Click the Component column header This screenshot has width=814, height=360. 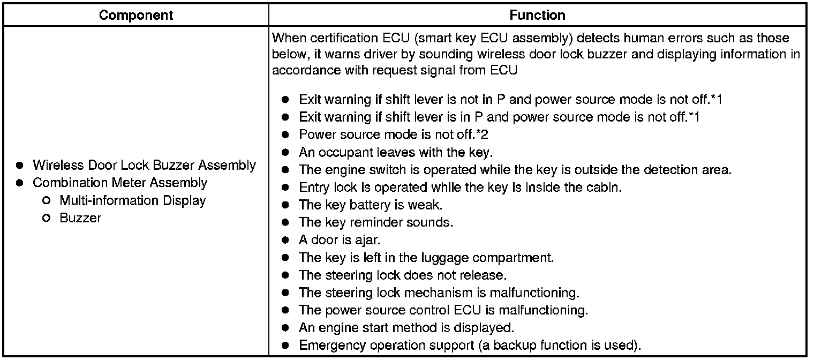(x=136, y=15)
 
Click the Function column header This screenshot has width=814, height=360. (x=537, y=15)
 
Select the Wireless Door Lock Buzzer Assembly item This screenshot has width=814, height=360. (x=144, y=165)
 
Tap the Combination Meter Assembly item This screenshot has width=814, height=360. (x=120, y=183)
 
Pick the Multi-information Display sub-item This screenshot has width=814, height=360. (x=133, y=200)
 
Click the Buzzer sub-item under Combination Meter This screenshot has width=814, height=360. (x=80, y=218)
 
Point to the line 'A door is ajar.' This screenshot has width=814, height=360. (x=339, y=240)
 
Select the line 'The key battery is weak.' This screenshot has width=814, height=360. (x=371, y=205)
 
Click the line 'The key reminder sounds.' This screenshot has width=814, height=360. (x=376, y=222)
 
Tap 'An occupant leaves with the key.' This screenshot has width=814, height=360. (x=395, y=152)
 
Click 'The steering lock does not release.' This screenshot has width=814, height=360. (x=403, y=275)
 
